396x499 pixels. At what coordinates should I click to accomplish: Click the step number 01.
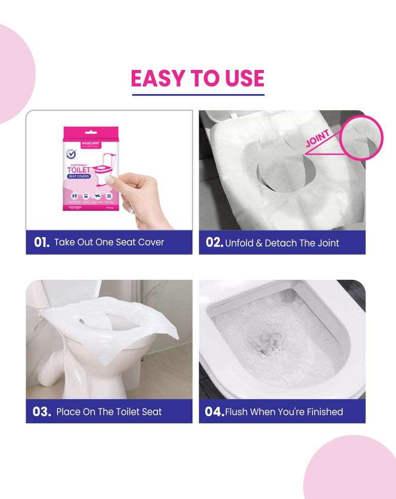click(x=42, y=242)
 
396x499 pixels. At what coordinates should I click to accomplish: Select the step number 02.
click(x=214, y=242)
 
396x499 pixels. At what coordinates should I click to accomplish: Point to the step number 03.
click(x=42, y=412)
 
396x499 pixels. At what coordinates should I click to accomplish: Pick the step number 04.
click(x=214, y=412)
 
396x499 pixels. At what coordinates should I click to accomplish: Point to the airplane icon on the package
click(x=97, y=197)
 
